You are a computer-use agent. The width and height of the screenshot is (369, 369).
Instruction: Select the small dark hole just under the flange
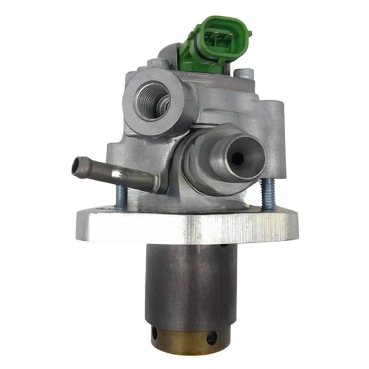coord(223,245)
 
